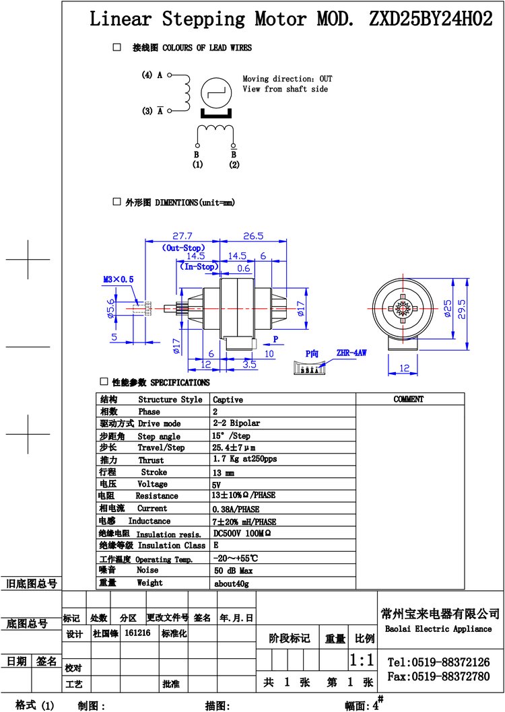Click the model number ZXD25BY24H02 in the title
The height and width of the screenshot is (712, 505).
pyautogui.click(x=430, y=19)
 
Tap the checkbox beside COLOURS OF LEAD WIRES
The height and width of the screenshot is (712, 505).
pyautogui.click(x=117, y=46)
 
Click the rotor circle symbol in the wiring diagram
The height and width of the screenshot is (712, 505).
pyautogui.click(x=216, y=93)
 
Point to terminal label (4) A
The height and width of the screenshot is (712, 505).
pyautogui.click(x=152, y=75)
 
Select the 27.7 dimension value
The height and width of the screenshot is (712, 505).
pyautogui.click(x=182, y=236)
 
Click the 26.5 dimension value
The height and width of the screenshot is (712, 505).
pyautogui.click(x=253, y=236)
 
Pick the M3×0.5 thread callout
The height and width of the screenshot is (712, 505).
pyautogui.click(x=119, y=279)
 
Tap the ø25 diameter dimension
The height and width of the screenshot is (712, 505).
pyautogui.click(x=447, y=308)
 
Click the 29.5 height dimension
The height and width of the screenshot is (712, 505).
pyautogui.click(x=462, y=310)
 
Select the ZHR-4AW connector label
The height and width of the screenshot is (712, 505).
pyautogui.click(x=351, y=353)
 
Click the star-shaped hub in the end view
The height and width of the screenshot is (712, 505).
pyautogui.click(x=403, y=309)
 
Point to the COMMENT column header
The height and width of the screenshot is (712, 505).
pyautogui.click(x=409, y=399)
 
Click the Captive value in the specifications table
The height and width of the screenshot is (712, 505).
pyautogui.click(x=228, y=400)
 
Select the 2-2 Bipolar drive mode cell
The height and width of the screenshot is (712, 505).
pyautogui.click(x=236, y=423)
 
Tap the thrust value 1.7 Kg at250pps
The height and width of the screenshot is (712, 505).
pyautogui.click(x=245, y=459)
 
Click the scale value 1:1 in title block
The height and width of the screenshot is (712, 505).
pyautogui.click(x=362, y=660)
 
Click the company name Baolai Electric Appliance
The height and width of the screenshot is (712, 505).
pyautogui.click(x=438, y=629)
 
